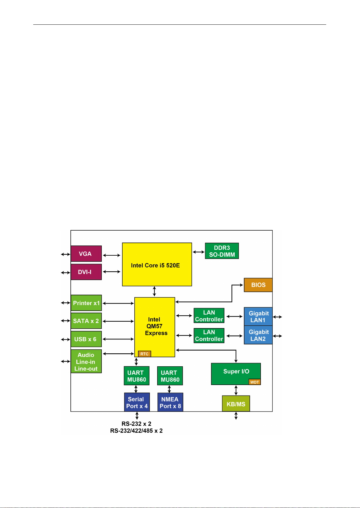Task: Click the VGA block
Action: point(86,254)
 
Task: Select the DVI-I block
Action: point(86,272)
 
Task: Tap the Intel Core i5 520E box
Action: point(157,264)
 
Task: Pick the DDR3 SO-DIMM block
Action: point(222,251)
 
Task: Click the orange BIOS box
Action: point(258,285)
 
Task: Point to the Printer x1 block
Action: point(86,303)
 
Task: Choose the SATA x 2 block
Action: point(86,321)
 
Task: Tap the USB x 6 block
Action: point(86,339)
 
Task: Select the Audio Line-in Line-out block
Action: point(86,361)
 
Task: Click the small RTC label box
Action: point(144,354)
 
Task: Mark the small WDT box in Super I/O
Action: point(255,382)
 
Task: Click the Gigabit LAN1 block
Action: point(258,317)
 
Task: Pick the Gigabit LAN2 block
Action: point(258,335)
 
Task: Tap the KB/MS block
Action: point(236,404)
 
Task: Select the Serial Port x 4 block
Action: point(137,402)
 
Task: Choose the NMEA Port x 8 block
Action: point(170,402)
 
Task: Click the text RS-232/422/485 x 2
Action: point(136,431)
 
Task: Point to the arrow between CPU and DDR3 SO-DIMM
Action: point(198,252)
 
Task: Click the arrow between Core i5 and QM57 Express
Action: point(154,292)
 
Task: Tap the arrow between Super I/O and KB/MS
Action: point(236,390)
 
